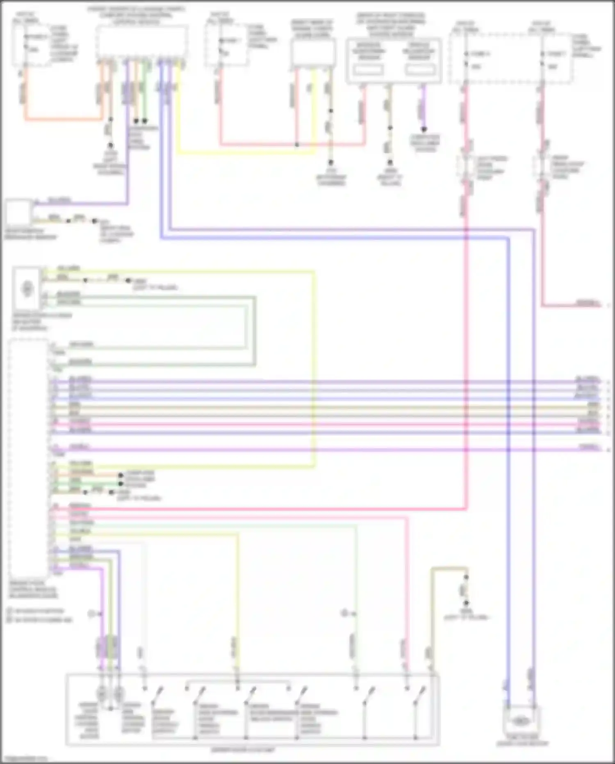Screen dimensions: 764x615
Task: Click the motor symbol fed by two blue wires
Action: tap(520, 720)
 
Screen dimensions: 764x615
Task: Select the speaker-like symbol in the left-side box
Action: tap(27, 289)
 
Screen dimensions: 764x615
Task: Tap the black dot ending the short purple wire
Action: tap(424, 129)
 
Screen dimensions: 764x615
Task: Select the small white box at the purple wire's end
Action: tap(18, 212)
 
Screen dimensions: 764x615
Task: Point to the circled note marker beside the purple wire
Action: tap(91, 614)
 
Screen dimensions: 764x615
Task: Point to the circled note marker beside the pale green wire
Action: tap(345, 613)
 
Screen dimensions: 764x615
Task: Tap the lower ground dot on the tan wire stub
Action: tap(466, 603)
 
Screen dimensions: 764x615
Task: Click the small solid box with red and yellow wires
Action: tap(313, 53)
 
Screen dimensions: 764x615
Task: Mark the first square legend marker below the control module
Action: tap(9, 611)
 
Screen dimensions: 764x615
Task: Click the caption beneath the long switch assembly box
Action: tap(243, 750)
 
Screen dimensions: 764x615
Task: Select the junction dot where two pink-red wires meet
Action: tap(297, 145)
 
